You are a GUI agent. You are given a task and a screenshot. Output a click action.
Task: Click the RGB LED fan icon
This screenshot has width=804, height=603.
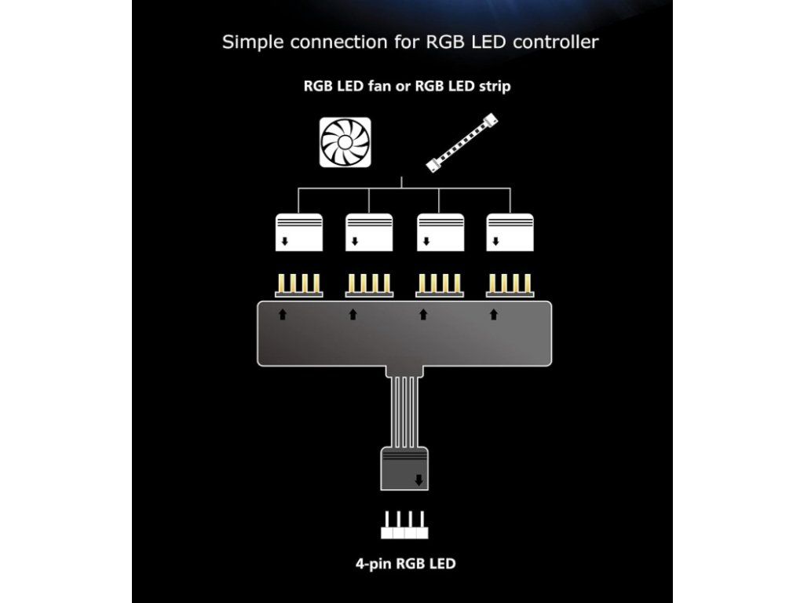coord(345,142)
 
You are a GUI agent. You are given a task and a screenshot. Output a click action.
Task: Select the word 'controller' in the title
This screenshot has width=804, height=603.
coord(555,42)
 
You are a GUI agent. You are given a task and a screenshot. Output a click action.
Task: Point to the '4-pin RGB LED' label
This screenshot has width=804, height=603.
coord(404,564)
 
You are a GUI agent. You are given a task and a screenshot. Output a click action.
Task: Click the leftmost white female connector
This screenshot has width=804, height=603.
coord(298,232)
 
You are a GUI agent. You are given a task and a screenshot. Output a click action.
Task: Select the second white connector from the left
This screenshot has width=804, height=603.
coord(369,232)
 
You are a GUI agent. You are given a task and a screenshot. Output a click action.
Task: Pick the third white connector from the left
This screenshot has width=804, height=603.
coord(439,232)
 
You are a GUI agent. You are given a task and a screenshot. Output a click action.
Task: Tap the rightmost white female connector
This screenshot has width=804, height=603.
coord(510,232)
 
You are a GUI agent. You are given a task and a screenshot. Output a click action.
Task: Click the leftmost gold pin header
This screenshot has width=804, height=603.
coord(298,285)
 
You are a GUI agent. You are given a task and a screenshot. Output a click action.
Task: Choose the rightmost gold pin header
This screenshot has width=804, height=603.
coord(510,285)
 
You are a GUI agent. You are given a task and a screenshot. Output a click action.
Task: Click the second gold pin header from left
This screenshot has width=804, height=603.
coord(369,285)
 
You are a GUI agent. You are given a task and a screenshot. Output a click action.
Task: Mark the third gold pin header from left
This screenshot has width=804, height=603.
coord(439,285)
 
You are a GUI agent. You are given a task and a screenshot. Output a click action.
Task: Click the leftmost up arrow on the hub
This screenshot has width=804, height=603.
coord(283,315)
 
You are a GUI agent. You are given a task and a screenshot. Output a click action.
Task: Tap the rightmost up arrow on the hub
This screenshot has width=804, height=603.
coord(494,315)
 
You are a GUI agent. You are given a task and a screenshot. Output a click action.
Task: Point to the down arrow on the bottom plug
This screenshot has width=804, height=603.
coord(419,480)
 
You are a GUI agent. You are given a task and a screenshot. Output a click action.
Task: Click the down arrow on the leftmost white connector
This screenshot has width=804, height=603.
coord(284,243)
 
